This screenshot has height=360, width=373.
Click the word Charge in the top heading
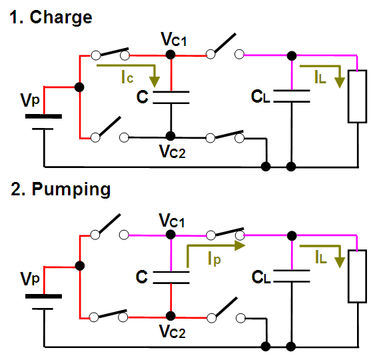[x=61, y=17]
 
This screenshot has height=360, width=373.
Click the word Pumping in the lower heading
[x=71, y=189]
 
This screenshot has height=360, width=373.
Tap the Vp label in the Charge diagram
[x=30, y=100]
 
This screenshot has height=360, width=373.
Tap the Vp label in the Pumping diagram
[x=30, y=279]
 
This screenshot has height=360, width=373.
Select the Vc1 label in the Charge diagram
[x=174, y=39]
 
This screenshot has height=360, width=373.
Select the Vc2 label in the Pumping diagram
[x=173, y=331]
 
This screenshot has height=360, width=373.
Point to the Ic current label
[x=127, y=77]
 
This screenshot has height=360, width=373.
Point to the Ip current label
[x=214, y=259]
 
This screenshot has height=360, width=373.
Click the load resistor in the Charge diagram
[x=357, y=97]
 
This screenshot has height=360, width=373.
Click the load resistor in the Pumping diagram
[x=357, y=276]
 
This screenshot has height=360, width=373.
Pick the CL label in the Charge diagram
[x=260, y=97]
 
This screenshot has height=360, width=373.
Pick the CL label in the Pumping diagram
[x=261, y=277]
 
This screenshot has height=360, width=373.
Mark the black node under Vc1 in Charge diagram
[x=171, y=55]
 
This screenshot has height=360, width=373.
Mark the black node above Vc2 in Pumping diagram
[x=171, y=316]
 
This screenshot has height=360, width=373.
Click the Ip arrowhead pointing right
[x=240, y=245]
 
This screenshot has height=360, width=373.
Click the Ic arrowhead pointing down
[x=155, y=82]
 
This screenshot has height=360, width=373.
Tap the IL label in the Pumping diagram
[x=320, y=257]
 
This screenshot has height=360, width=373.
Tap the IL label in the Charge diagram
[x=320, y=77]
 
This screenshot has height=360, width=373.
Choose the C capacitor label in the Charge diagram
[x=143, y=97]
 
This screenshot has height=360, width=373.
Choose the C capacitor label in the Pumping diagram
[x=142, y=277]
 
